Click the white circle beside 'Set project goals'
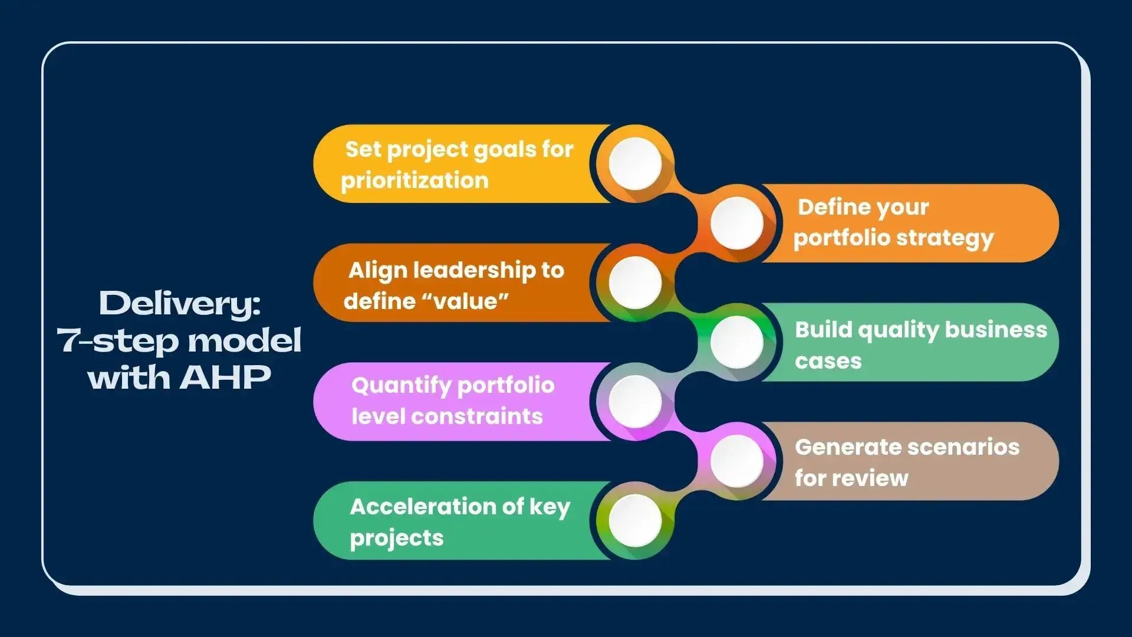[635, 163]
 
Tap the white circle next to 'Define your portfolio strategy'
[736, 223]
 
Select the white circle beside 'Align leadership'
[635, 283]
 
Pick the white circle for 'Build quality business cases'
[736, 342]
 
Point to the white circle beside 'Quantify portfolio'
[635, 402]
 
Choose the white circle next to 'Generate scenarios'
[736, 461]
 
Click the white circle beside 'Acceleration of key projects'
[635, 520]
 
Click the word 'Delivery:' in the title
[180, 304]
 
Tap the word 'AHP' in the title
[225, 377]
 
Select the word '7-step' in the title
[121, 340]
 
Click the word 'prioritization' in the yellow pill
[414, 180]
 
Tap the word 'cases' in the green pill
[828, 361]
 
